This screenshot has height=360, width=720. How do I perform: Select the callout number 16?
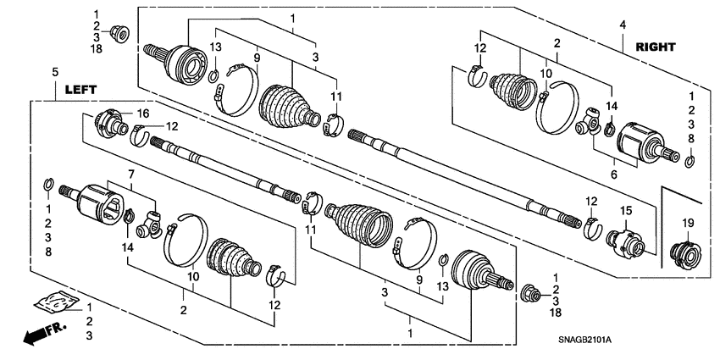pos(143,113)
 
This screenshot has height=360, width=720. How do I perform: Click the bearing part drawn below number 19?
pos(684,253)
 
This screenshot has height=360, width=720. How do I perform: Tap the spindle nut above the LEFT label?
pos(121,35)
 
